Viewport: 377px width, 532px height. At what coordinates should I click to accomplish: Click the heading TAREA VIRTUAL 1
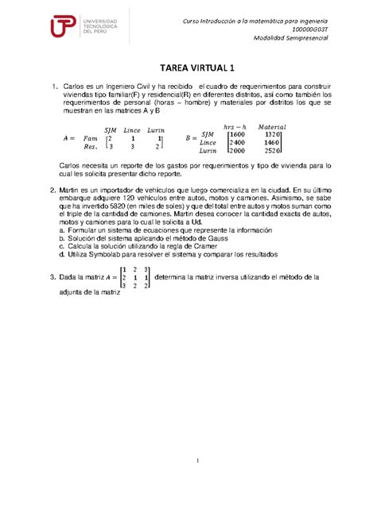tap(188, 68)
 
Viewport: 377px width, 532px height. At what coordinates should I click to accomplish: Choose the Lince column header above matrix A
tap(132, 129)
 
